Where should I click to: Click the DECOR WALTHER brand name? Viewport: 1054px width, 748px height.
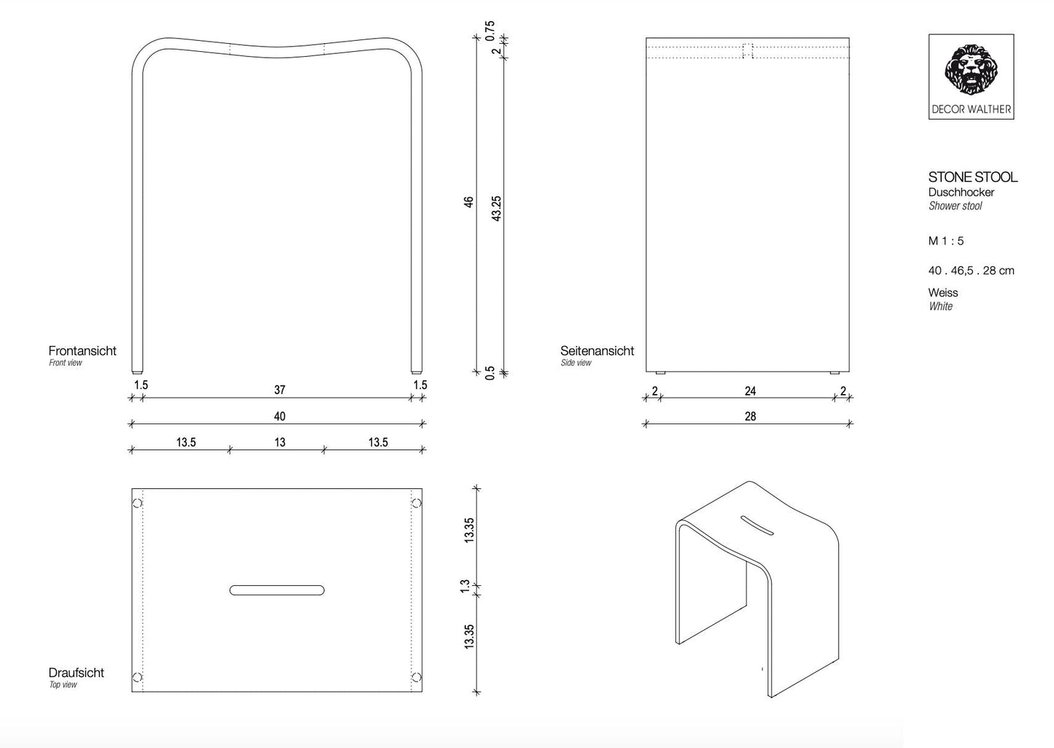coord(971,109)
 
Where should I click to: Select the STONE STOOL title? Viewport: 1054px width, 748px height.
coord(972,177)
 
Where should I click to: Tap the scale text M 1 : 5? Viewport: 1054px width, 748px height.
coord(946,241)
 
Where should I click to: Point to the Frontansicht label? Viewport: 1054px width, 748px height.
coord(82,351)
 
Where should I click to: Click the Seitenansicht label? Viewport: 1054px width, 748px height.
coord(597,351)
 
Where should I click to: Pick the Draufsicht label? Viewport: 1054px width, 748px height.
coord(76,673)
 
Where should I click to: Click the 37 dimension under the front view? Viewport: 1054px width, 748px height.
coord(279,390)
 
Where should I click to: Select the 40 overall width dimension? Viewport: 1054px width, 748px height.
coord(279,416)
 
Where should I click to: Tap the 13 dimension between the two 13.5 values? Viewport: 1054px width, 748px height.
coord(279,442)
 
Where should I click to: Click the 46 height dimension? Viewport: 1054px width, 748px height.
coord(469,201)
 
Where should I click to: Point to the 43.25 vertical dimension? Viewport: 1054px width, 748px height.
coord(497,208)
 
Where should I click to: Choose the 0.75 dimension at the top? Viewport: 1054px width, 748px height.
coord(490,29)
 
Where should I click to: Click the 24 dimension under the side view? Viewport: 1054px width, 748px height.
coord(750,391)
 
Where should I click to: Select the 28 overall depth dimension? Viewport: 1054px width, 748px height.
coord(750,417)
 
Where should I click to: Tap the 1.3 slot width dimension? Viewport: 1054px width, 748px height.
coord(465,586)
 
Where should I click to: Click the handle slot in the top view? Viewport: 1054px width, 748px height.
coord(277,590)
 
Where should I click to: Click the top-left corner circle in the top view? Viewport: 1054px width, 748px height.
coord(137,503)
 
